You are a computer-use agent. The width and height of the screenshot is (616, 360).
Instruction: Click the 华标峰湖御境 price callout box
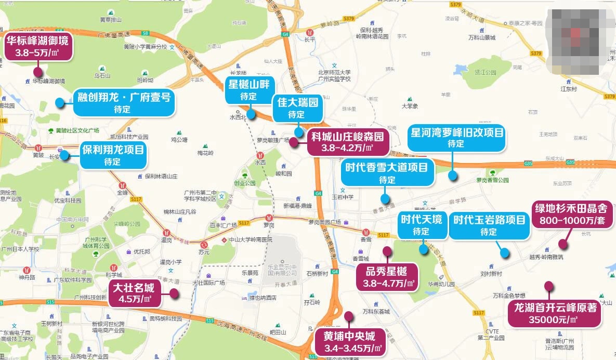37,47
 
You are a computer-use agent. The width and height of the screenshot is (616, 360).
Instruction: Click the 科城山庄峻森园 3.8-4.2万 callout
347,142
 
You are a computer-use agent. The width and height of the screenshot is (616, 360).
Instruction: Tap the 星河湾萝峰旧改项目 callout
456,138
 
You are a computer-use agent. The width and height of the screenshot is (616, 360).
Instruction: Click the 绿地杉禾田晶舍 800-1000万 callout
571,214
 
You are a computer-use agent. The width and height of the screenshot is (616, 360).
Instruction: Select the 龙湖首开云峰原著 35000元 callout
555,313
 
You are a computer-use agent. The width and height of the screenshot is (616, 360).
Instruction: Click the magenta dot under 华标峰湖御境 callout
37,72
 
